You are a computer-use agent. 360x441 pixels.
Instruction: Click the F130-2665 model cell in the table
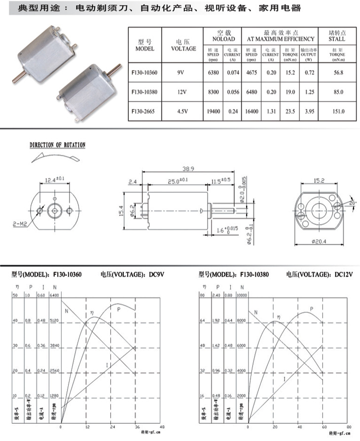pos(144,111)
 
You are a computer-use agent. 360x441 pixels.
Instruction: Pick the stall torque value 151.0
pos(338,111)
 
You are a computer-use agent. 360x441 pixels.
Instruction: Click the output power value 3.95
pos(309,111)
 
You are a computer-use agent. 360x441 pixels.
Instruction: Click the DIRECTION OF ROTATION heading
pos(57,145)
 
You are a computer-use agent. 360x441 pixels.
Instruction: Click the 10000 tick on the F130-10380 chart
pos(243,295)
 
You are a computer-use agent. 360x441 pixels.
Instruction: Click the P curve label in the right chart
pos(311,309)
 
